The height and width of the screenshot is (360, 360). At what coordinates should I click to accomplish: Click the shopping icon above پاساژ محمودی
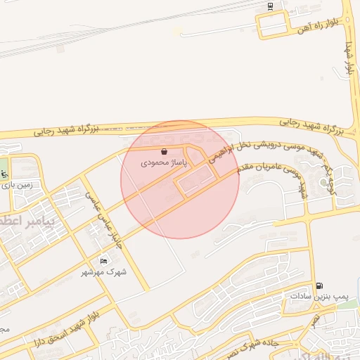click(x=164, y=151)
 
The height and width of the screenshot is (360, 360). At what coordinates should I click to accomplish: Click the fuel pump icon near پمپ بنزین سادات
click(x=321, y=286)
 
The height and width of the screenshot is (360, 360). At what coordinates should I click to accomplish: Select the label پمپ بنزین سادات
click(x=316, y=297)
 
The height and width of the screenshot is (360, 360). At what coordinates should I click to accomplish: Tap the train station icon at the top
click(x=271, y=6)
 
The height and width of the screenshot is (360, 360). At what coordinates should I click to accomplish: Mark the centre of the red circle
click(x=180, y=179)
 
